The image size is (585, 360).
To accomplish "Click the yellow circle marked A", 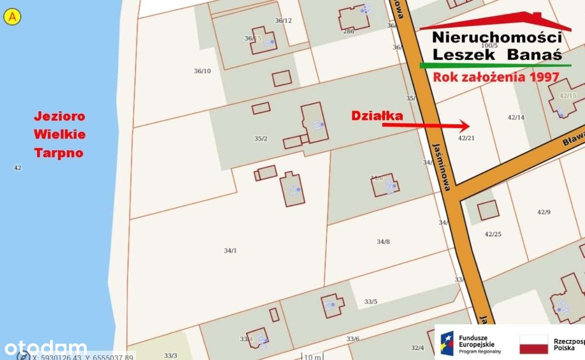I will coord(12,17).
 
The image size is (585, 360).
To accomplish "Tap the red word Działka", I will coord(377,116).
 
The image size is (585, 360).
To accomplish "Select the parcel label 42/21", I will coord(466,138).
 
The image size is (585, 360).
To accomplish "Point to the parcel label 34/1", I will coord(230,250).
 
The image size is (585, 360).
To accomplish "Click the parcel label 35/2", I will coord(261,139).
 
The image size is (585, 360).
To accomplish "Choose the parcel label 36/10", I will coord(202,71).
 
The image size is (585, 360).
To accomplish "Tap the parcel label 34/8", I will coord(383,241).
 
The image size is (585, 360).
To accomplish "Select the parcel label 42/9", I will coord(544,212).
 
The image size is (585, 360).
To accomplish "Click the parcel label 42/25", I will coord(493,234).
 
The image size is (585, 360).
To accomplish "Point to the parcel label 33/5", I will coord(370,301).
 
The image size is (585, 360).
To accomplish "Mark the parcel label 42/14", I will coord(516,117).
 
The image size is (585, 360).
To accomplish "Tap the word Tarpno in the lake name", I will coord(58,153).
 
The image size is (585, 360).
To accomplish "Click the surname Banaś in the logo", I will coord(534,55).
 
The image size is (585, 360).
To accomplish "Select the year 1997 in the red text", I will coord(544,77).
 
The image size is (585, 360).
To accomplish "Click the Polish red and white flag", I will coord(534,344).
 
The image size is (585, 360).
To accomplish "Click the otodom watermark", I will coord(46,348).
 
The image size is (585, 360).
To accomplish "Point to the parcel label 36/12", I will coord(283,20).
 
